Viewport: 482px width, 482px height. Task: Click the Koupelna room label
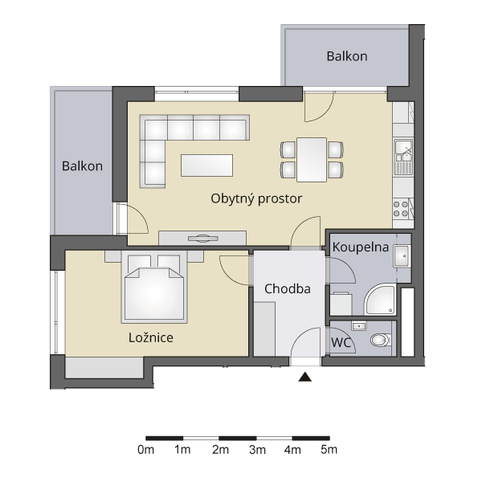tap(361, 247)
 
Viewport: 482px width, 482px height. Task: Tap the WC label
tap(341, 342)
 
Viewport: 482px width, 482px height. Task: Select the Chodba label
tap(288, 289)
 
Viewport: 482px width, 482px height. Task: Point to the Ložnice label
tap(151, 337)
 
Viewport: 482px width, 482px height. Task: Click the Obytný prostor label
tap(256, 199)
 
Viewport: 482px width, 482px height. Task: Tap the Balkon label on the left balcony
tap(83, 166)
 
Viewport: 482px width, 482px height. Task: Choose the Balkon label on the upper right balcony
tap(347, 56)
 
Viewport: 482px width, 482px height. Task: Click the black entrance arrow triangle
tap(305, 377)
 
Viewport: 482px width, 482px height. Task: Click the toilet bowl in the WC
tap(381, 340)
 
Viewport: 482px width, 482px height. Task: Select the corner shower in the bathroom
tap(381, 300)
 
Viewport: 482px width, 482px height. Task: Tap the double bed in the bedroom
tap(154, 287)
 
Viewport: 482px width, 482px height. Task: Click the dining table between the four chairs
tap(312, 160)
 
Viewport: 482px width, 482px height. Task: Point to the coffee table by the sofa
tap(206, 165)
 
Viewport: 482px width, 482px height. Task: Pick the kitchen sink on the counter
tap(403, 157)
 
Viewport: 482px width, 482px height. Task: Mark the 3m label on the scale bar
tap(257, 450)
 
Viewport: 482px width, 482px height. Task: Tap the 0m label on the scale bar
tap(145, 450)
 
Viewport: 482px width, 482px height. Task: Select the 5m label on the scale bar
tap(329, 450)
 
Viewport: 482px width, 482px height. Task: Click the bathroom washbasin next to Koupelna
tap(402, 255)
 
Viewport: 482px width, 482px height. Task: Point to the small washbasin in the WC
tap(359, 326)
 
